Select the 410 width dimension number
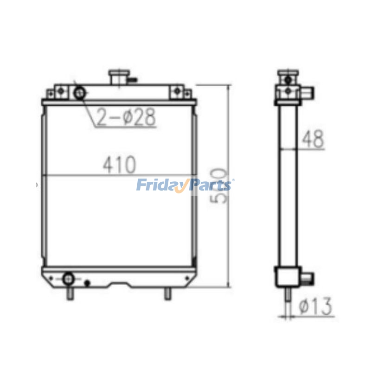(119, 164)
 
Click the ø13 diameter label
(315, 306)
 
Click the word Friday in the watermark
(160, 185)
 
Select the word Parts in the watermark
(209, 185)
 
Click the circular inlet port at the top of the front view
(80, 94)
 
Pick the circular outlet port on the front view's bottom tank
(69, 278)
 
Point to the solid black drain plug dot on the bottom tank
(87, 282)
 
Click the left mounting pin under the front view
(70, 294)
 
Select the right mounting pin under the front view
(168, 294)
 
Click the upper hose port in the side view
(308, 91)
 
